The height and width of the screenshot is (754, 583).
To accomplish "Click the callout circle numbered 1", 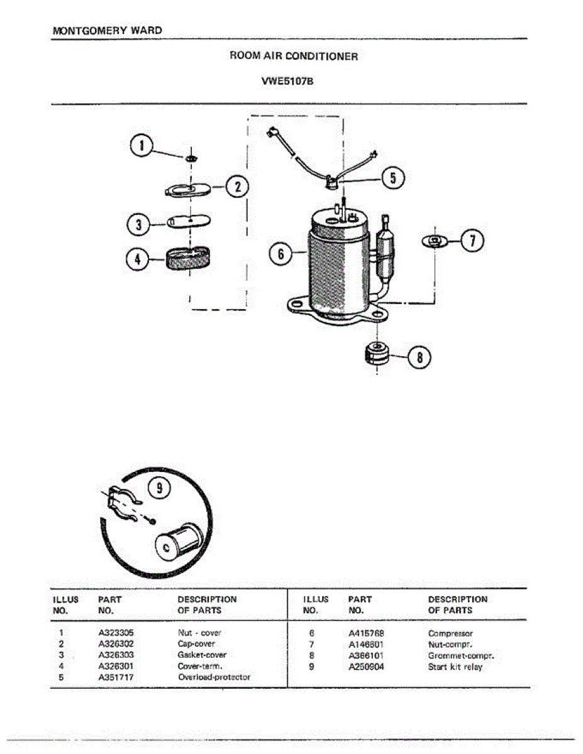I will (x=142, y=146).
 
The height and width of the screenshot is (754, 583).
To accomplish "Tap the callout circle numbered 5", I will (x=393, y=178).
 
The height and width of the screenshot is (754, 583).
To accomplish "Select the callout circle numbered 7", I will (x=473, y=241).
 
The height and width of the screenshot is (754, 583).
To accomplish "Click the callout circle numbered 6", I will (x=281, y=254).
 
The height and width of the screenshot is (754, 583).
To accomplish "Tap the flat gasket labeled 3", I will (x=189, y=221).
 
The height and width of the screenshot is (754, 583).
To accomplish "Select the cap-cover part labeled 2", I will (x=189, y=189).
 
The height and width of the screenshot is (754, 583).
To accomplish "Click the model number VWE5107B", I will (x=291, y=80).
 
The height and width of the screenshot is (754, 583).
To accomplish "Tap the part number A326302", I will (x=116, y=643).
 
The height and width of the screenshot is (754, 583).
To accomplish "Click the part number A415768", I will (x=367, y=633).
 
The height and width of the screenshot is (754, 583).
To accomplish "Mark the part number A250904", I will (x=367, y=667).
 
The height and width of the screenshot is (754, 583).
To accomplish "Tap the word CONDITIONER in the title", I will (x=321, y=57).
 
